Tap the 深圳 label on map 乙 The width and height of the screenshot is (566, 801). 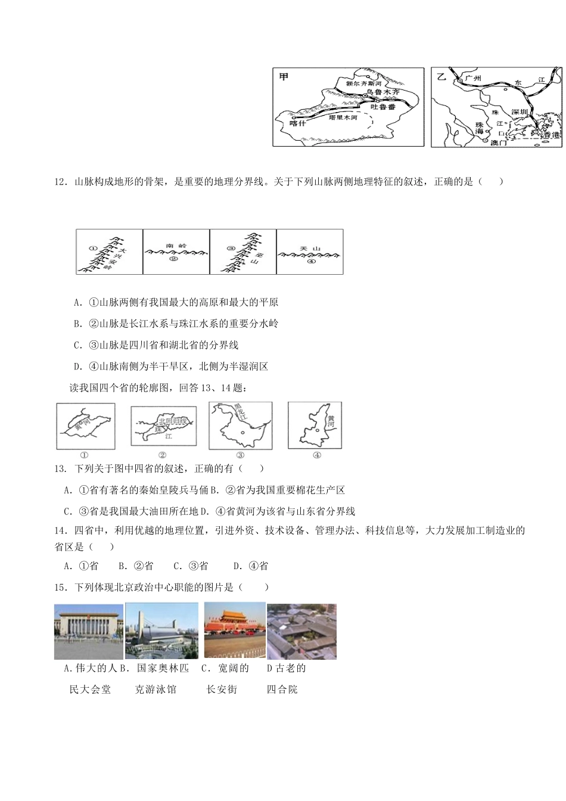520,112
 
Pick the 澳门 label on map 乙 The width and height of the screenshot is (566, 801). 497,143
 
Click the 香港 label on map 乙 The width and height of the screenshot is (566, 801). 551,135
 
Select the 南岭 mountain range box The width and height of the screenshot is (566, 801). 176,252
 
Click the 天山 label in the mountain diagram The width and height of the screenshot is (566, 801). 310,248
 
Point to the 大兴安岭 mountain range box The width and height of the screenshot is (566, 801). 110,252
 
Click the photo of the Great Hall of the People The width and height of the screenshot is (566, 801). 88,631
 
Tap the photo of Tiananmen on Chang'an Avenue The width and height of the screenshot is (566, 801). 234,629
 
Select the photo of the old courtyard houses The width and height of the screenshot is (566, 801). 301,631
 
